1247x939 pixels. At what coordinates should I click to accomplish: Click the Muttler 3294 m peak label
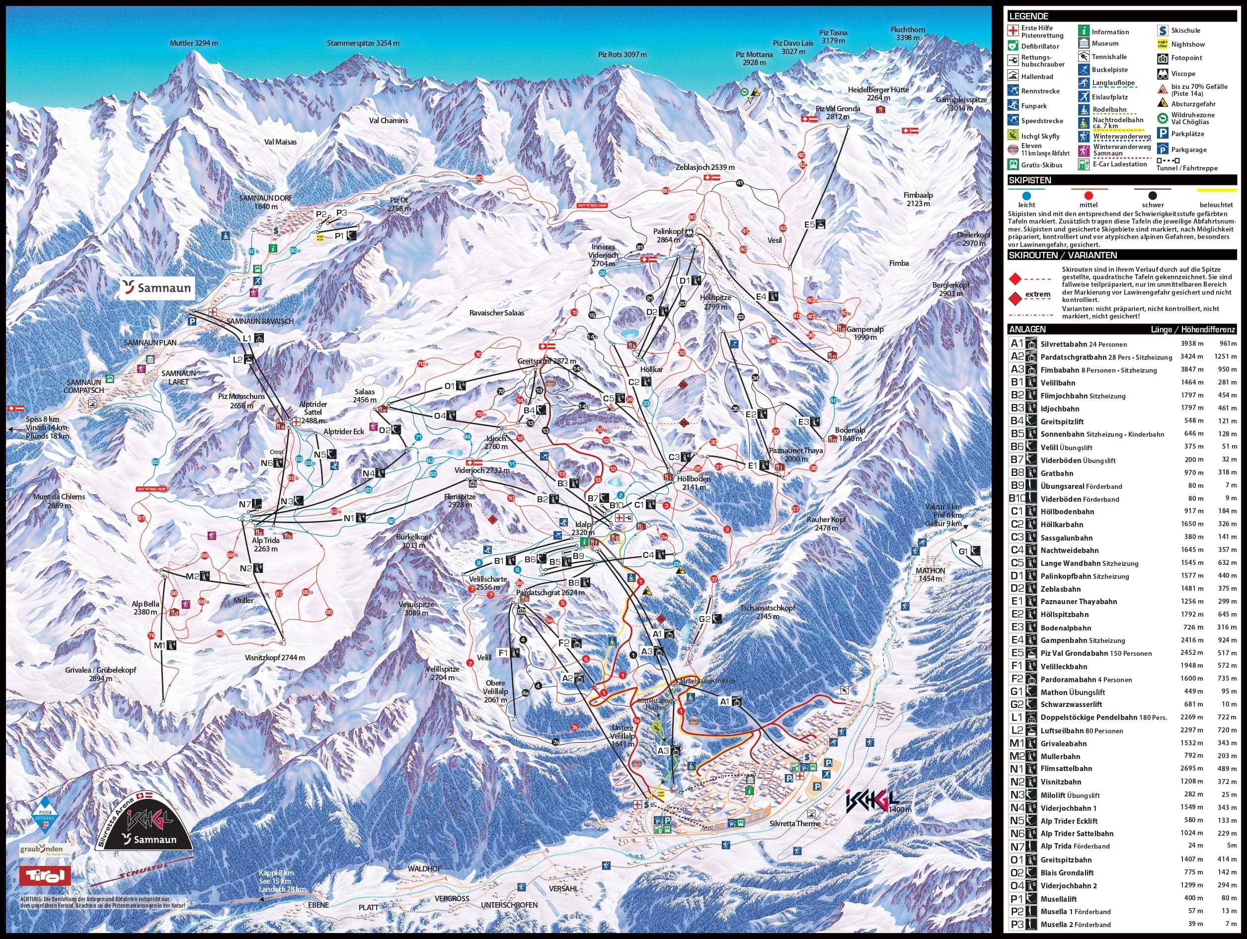(x=193, y=43)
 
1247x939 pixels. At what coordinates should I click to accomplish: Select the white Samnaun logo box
(x=157, y=288)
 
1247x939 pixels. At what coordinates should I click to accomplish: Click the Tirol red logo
(x=45, y=875)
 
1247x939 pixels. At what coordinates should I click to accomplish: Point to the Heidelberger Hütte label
(x=869, y=93)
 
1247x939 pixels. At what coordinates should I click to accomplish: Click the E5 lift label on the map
(x=809, y=225)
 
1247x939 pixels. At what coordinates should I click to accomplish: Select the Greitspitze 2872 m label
(x=547, y=361)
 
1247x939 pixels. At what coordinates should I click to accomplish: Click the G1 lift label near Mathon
(x=962, y=550)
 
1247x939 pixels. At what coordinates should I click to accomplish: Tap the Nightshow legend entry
(x=1188, y=44)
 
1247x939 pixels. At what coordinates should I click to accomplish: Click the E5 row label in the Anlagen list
(x=1016, y=653)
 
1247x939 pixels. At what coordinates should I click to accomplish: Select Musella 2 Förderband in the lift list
(x=1075, y=925)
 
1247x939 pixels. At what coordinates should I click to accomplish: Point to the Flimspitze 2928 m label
(x=460, y=500)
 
